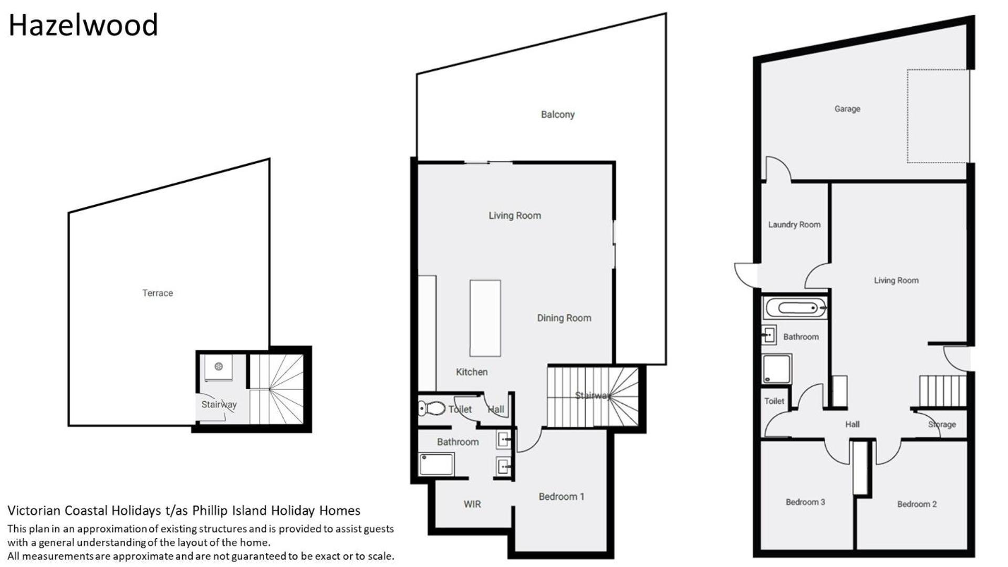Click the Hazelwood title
coord(83,25)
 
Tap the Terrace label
coord(158,293)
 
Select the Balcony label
coord(558,114)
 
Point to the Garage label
coord(847,109)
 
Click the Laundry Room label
coord(794,225)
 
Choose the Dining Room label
coord(564,318)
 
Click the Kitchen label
coord(472,372)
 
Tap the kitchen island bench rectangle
coord(485,318)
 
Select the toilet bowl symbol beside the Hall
coord(432,408)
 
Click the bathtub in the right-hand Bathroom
coord(795,308)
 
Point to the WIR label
coord(472,504)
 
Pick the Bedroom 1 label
coord(562,497)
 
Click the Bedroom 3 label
coord(805,502)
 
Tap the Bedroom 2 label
coord(917,504)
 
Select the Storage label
coord(942,424)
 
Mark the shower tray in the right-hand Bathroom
coord(777,369)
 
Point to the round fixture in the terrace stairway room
coord(219,366)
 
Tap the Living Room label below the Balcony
coord(515,215)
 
